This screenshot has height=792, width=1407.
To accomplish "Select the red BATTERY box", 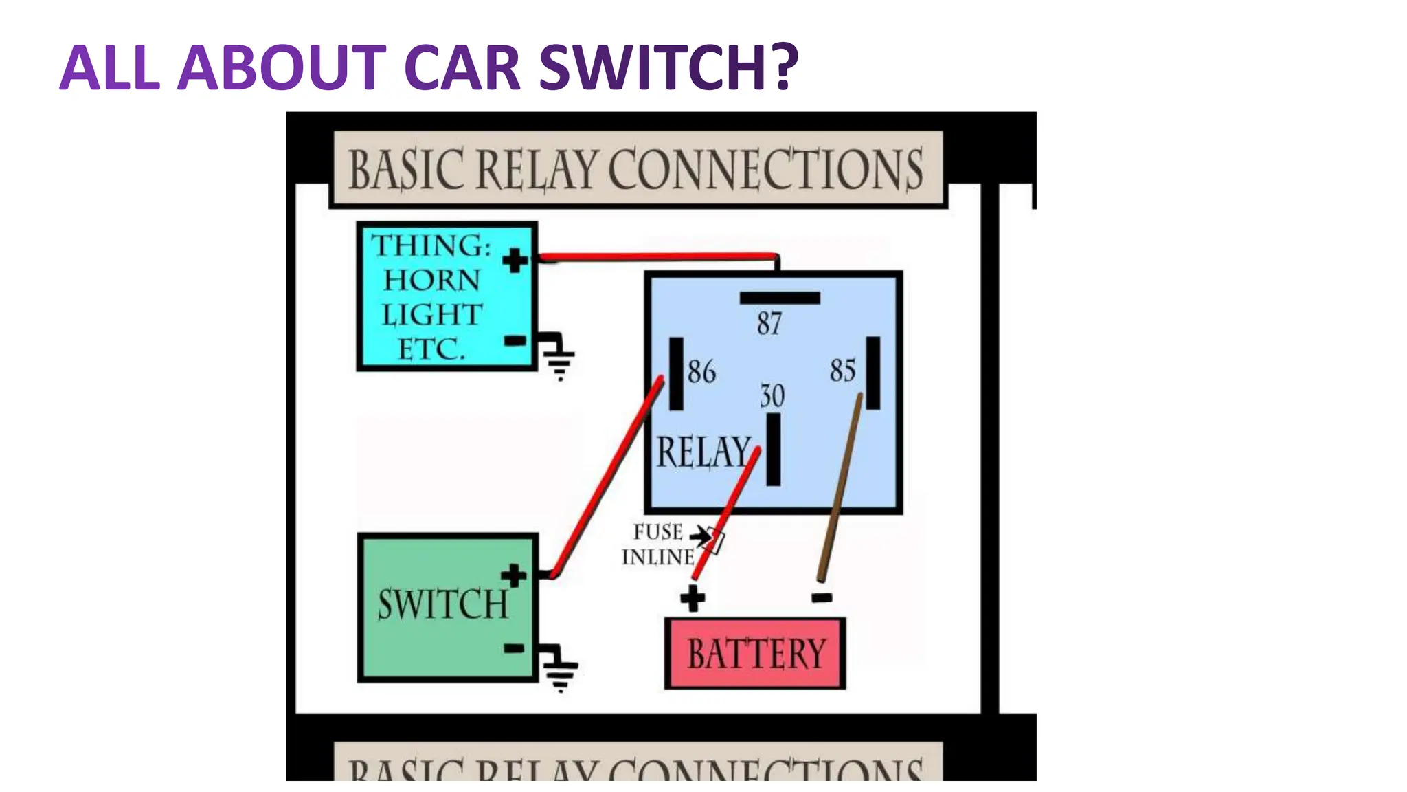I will coord(755,653).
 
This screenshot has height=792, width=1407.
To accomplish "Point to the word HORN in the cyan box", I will coord(431,280).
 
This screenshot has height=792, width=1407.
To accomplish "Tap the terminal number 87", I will coord(769,323).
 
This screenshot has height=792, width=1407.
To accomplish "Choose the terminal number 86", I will coord(701,371).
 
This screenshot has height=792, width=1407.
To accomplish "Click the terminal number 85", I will coord(842,370).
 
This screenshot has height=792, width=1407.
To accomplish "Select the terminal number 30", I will coord(772,396).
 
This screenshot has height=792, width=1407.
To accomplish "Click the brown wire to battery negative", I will coord(840,488).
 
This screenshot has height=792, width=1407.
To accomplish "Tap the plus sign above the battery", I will coord(693,597).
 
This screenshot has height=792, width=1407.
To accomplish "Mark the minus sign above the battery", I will coord(822,597).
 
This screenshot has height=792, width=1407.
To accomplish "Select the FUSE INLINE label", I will coord(658,544).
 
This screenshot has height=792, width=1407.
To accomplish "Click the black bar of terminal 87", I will coord(779,298).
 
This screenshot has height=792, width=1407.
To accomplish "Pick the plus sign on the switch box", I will coord(513,576).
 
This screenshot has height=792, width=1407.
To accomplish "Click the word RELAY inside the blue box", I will coord(702,452).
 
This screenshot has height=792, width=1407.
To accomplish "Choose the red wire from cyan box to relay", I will coord(660,257).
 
